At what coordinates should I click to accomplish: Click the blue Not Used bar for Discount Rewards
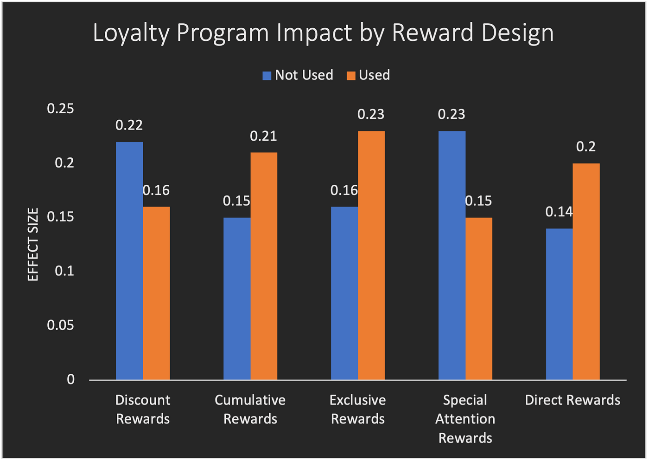click(129, 260)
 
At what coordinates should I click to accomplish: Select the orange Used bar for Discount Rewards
click(156, 293)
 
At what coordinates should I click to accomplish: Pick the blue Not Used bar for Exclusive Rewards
click(344, 293)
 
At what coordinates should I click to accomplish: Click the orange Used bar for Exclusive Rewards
click(371, 255)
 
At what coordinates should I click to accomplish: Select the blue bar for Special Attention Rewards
click(452, 255)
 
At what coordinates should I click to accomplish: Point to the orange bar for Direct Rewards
click(586, 272)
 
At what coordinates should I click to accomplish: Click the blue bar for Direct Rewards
click(559, 304)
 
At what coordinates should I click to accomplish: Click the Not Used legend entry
click(298, 75)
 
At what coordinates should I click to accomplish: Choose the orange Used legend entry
click(369, 75)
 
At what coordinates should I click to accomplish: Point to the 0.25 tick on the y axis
click(60, 109)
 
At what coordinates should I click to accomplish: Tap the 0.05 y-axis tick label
click(60, 325)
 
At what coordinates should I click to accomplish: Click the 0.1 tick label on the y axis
click(64, 271)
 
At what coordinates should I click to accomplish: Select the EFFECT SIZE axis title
click(33, 244)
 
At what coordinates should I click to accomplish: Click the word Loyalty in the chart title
click(131, 33)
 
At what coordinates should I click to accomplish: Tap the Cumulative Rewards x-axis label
click(250, 409)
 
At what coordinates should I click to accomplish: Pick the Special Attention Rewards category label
click(465, 418)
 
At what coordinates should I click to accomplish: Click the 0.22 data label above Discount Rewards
click(129, 125)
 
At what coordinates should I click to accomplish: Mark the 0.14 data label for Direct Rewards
click(559, 212)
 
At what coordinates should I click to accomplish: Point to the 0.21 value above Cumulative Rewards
click(263, 136)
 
